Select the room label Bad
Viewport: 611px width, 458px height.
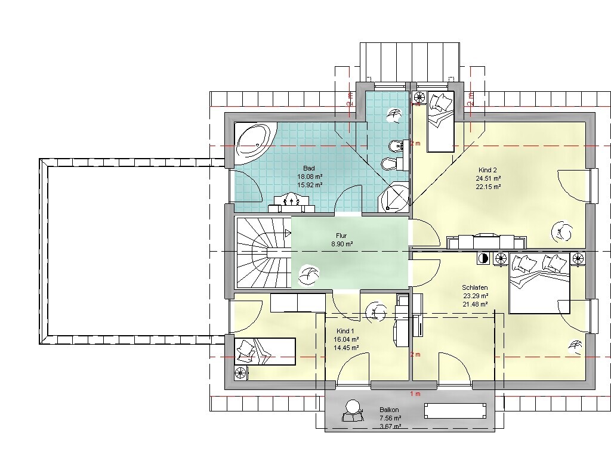coord(309,168)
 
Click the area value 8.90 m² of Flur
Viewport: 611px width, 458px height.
coord(342,244)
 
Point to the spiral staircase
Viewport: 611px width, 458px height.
coord(264,252)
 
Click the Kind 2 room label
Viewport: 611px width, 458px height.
coord(487,170)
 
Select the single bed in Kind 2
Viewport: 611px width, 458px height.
coord(441,122)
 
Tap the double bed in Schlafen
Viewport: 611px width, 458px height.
coord(539,283)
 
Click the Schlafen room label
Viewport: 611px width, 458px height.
coord(474,288)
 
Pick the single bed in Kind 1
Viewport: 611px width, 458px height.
coord(266,352)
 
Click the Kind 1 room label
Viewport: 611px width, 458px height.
coord(345,331)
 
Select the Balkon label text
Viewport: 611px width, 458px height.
coord(389,410)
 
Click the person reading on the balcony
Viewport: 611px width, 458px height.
coord(353,411)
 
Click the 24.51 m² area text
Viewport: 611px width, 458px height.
coord(488,178)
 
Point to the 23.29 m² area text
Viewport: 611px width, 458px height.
coord(476,296)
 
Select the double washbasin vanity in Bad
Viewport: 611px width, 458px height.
coord(291,203)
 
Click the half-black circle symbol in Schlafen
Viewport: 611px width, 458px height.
coord(483,258)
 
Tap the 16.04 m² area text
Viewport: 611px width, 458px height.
coord(346,339)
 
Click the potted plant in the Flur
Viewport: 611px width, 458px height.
coord(308,275)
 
